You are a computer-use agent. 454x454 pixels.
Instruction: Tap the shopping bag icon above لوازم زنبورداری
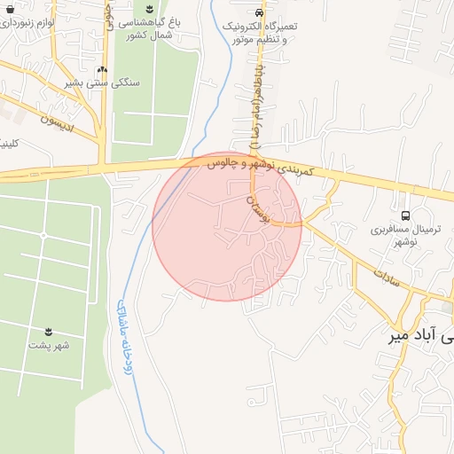pyautogui.click(x=35, y=4)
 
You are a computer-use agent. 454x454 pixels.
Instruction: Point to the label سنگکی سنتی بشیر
pyautogui.click(x=103, y=82)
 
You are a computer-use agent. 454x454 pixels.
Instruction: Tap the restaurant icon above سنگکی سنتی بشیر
pyautogui.click(x=102, y=68)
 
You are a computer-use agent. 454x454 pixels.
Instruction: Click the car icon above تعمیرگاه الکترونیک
pyautogui.click(x=258, y=13)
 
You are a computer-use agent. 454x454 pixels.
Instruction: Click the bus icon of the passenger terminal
pyautogui.click(x=406, y=215)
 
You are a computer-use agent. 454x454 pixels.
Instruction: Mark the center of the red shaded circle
pyautogui.click(x=227, y=226)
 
